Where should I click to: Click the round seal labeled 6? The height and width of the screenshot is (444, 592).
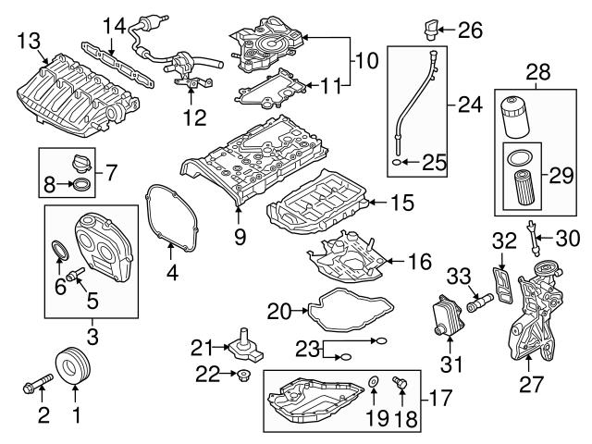pos(59,249)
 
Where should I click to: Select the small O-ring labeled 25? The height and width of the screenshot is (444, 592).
pos(398,163)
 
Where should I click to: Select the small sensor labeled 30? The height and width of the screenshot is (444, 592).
pos(533,233)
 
